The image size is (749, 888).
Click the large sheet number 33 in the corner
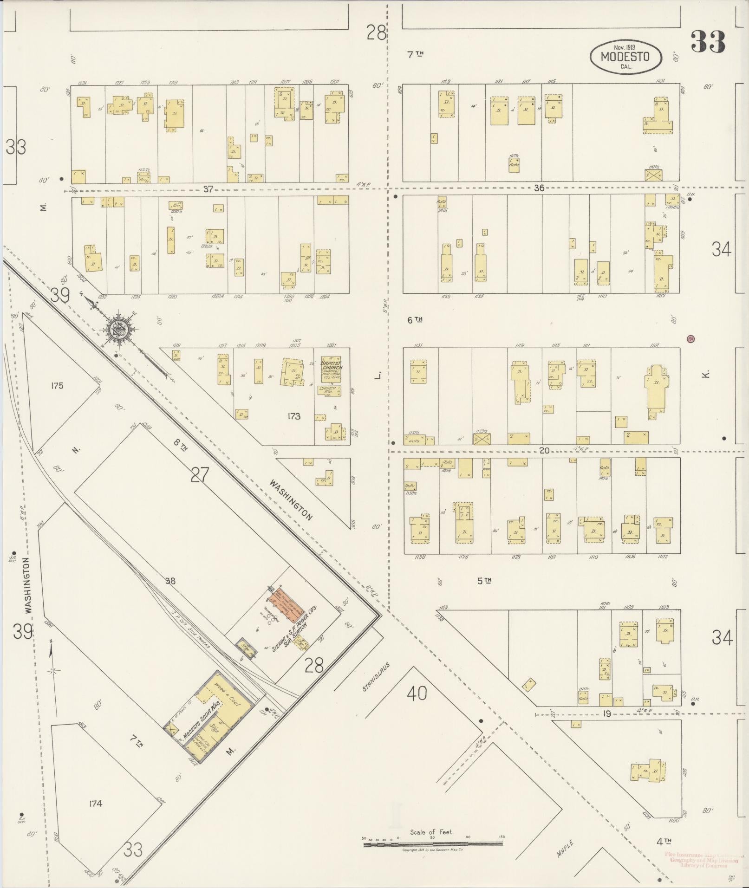tap(708, 42)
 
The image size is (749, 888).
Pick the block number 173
tap(294, 416)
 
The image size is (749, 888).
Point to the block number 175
tap(58, 386)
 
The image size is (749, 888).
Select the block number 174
tap(95, 804)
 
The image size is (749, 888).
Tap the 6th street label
tap(415, 320)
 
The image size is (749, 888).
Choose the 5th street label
tap(484, 580)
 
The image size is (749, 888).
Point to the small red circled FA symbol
tap(690, 339)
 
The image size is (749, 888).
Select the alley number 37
tap(208, 188)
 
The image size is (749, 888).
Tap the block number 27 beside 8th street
tap(199, 475)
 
